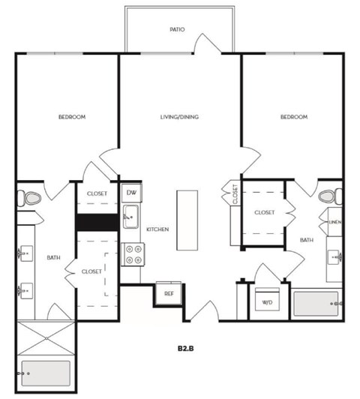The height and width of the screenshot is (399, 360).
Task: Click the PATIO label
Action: tap(177, 31)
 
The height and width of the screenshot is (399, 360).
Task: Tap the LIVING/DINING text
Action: tap(179, 117)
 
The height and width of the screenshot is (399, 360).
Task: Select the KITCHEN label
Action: tap(157, 229)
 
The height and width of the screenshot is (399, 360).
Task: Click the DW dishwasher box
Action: tap(131, 193)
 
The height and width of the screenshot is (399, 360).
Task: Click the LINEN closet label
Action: tap(336, 223)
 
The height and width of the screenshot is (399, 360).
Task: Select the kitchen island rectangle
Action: tap(187, 220)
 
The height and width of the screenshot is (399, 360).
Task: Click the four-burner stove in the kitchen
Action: tap(133, 255)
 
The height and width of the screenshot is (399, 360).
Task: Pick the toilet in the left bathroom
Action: tap(31, 199)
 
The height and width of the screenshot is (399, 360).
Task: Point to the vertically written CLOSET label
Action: tap(235, 194)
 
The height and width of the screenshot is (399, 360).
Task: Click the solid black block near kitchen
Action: tap(97, 223)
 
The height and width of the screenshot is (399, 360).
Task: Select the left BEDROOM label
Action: tap(72, 117)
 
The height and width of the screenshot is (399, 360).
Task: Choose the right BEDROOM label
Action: tap(293, 117)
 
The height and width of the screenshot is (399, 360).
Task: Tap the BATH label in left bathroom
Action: tap(53, 257)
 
